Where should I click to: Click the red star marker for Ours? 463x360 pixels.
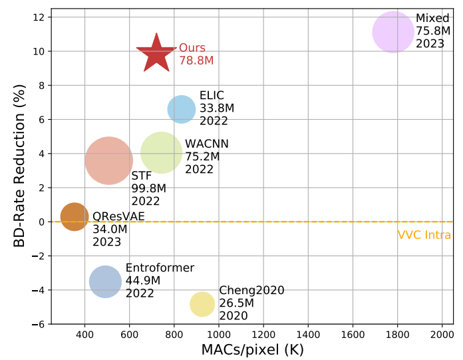click(x=156, y=53)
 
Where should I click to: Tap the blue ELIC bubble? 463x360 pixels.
click(x=181, y=109)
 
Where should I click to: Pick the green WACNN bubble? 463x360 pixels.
click(x=161, y=152)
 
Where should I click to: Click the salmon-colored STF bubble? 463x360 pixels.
click(x=109, y=160)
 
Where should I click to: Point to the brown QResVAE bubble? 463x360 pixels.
click(x=75, y=216)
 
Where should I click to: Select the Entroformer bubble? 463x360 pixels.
click(x=105, y=281)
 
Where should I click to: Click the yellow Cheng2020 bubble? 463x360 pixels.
click(x=202, y=304)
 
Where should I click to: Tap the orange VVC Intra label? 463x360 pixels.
click(x=424, y=235)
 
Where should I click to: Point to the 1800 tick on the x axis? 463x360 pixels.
click(x=398, y=333)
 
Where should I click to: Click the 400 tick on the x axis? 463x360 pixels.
click(x=84, y=333)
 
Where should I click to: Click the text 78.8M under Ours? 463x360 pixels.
click(x=196, y=61)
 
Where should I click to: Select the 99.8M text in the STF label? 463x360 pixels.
click(x=148, y=188)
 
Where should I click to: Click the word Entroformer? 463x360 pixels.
click(x=160, y=268)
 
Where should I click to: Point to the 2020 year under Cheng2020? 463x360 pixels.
click(x=233, y=316)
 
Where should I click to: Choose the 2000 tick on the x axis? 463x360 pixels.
click(x=442, y=333)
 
